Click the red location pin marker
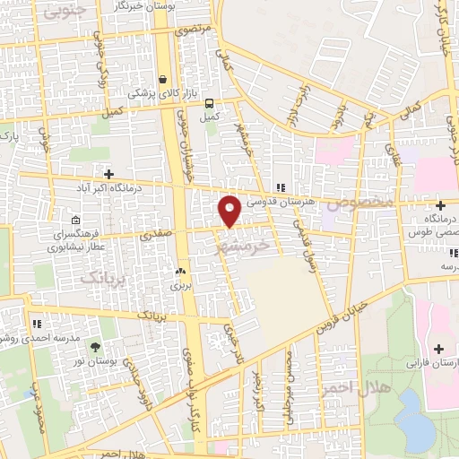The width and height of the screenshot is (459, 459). pos(230,209)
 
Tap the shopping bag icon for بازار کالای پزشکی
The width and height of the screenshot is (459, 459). pos(162,78)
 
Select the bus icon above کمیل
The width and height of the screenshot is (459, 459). pos(209,102)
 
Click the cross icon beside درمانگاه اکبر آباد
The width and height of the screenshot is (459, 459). pos(108,174)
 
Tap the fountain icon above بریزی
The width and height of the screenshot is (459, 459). pos(181,271)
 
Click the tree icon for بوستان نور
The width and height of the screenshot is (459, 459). pos(95,348)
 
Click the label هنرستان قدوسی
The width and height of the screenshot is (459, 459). pos(285,202)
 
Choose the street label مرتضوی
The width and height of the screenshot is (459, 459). pos(195,30)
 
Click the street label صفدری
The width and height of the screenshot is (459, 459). pos(155,236)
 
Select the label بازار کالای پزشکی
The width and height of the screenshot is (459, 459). pos(158,92)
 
